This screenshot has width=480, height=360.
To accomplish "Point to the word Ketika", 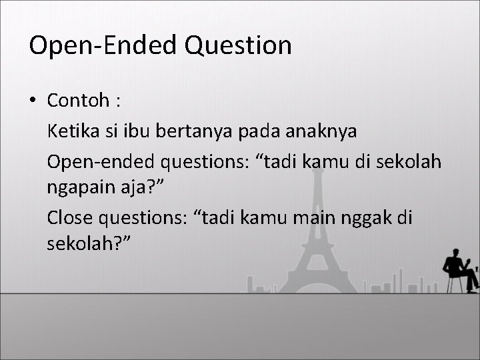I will tap(69, 131).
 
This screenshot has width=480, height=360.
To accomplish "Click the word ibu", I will tap(132, 131).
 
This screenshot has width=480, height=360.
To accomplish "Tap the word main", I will tap(304, 217).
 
